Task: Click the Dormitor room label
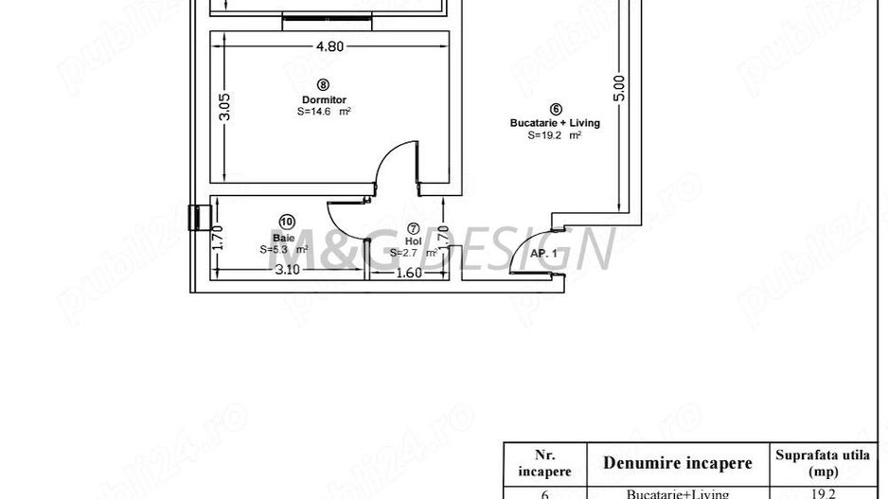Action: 324,99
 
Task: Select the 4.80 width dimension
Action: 329,45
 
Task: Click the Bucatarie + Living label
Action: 555,122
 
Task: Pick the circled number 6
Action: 555,109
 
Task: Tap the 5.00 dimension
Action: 619,88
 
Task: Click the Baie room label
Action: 283,237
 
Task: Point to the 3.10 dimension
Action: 287,271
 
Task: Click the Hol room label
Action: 413,241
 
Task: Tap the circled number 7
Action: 413,228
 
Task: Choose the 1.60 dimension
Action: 408,273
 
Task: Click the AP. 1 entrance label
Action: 542,255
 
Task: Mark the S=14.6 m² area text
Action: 324,112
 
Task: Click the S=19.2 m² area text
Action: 555,135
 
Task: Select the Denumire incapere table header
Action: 678,463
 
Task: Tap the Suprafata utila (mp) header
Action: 822,463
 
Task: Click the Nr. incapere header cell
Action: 533,463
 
